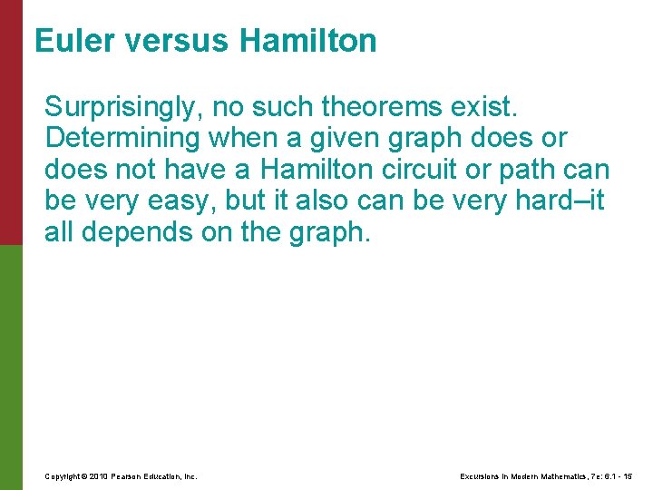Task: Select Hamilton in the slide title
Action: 309,41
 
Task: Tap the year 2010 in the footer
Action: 100,476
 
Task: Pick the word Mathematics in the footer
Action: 568,476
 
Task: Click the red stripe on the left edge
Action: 11,122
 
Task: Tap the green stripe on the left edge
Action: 11,367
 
